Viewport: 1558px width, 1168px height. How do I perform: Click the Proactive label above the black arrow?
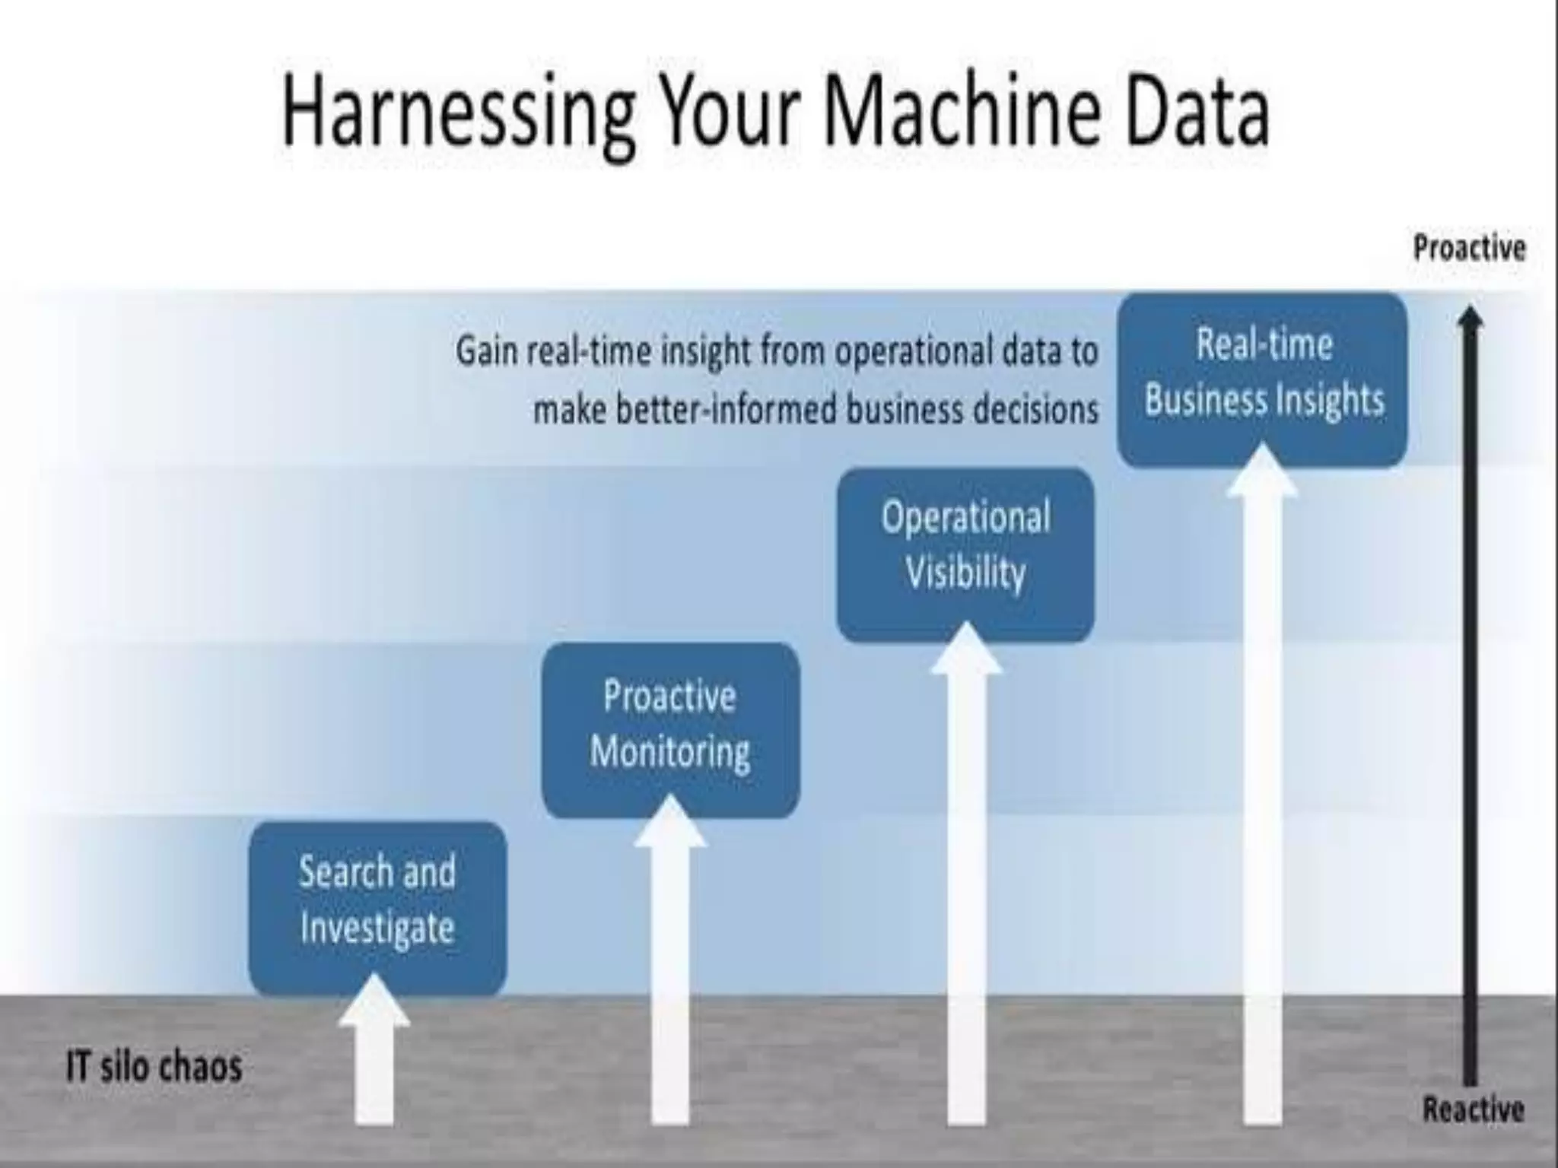(1469, 248)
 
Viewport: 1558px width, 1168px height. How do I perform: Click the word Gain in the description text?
(487, 352)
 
